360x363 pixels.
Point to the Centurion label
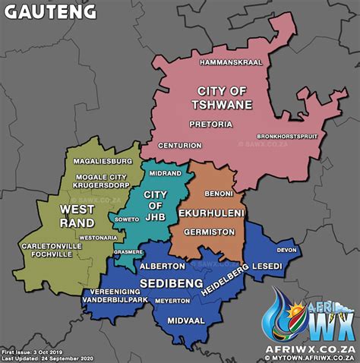(179, 145)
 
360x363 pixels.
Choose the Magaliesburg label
(103, 162)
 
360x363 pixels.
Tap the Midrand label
(166, 173)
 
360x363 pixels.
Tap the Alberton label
(162, 267)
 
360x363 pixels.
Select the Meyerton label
(172, 300)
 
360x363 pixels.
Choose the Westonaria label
(98, 237)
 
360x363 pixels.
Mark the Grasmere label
(128, 251)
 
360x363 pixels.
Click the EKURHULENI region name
(212, 214)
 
